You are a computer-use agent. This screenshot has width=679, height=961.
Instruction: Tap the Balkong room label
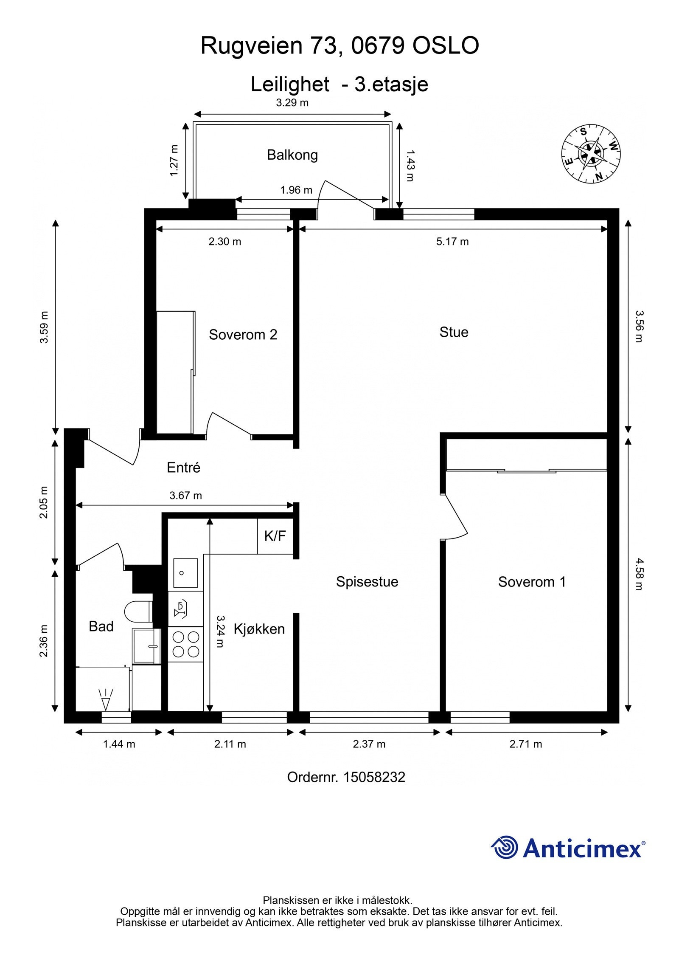pos(292,155)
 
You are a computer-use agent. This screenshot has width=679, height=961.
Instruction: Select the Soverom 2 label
pos(243,335)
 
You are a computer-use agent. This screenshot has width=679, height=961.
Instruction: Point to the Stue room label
pos(454,332)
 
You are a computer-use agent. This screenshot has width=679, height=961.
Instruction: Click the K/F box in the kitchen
pos(275,536)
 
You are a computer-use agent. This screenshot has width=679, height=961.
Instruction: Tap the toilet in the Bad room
pos(138,612)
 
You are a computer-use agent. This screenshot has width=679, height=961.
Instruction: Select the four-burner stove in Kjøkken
pos(185,644)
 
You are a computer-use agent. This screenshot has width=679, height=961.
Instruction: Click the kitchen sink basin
pos(185,573)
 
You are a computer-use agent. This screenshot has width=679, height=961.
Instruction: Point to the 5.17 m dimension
pos(452,242)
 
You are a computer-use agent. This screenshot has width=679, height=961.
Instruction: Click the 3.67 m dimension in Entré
pos(185,495)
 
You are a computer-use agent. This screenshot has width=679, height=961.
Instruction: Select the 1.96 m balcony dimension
pos(296,190)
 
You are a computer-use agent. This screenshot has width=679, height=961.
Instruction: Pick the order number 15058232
pos(374,777)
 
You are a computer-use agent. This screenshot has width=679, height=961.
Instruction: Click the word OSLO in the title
pos(446,45)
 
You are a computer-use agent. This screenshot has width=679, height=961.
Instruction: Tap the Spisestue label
pos(367,581)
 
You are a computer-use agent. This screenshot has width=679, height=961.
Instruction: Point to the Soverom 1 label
pos(532,581)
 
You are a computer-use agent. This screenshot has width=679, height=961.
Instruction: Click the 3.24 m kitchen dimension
pos(220,631)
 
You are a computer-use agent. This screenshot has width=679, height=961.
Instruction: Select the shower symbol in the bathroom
pos(106,699)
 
